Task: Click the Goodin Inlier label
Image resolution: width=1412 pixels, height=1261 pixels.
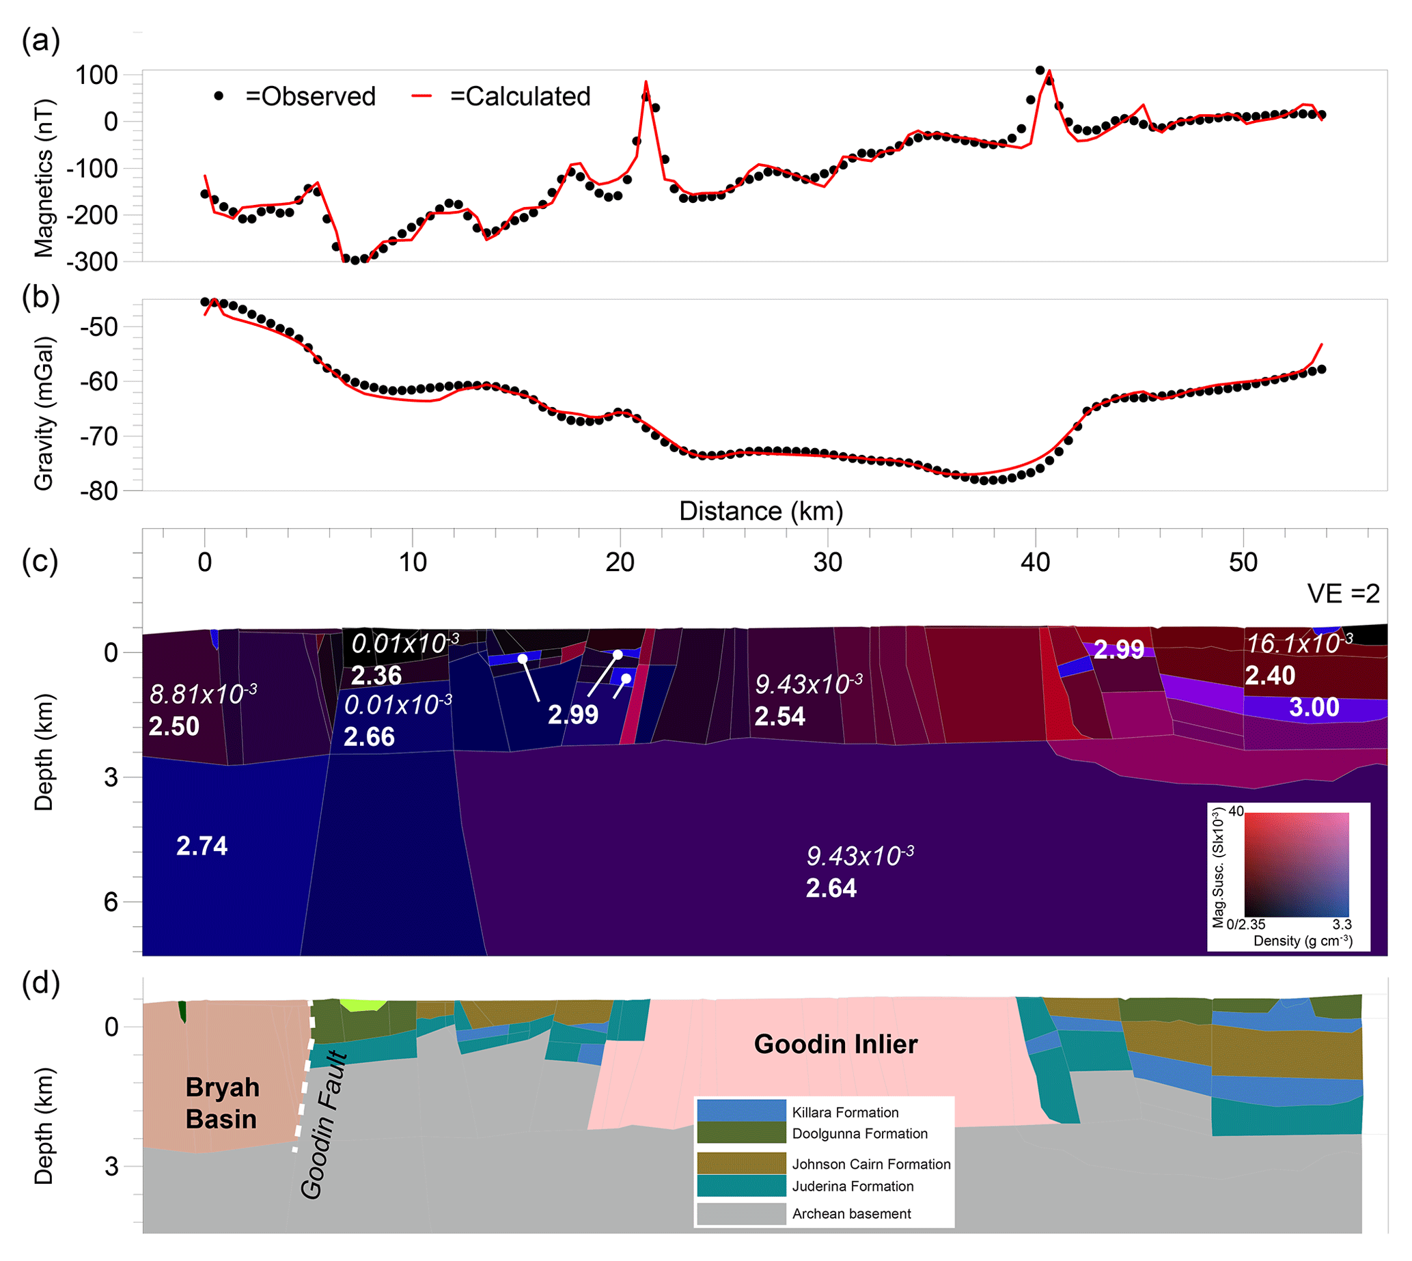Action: (x=835, y=1044)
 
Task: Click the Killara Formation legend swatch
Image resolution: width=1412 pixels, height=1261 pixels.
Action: (x=740, y=1111)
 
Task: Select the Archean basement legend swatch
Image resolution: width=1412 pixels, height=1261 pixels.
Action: (x=740, y=1213)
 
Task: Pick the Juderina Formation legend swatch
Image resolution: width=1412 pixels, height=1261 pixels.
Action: (x=740, y=1185)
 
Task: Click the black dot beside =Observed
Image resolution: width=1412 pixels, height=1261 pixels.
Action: (x=219, y=96)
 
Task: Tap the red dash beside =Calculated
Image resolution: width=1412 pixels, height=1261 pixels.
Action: (x=422, y=96)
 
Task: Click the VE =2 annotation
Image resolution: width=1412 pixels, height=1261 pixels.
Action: (x=1343, y=594)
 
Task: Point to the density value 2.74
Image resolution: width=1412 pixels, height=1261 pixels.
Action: (x=202, y=846)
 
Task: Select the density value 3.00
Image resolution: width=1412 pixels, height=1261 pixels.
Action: (x=1314, y=708)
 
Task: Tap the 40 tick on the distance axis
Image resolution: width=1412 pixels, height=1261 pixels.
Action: (x=1035, y=562)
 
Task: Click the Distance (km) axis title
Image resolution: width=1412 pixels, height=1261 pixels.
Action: (x=761, y=512)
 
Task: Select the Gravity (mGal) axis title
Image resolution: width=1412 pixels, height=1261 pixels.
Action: (x=44, y=413)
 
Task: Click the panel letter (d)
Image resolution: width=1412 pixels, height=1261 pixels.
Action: (x=41, y=983)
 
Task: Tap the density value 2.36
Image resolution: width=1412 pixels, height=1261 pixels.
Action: (x=376, y=675)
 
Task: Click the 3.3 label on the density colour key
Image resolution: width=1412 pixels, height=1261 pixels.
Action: (x=1342, y=924)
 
